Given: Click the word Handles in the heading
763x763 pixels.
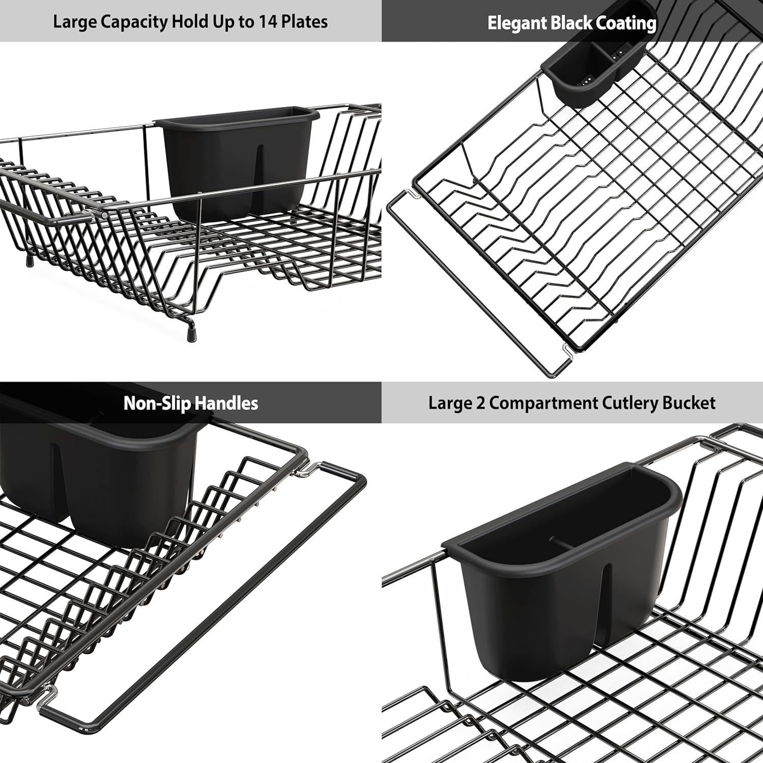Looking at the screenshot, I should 226,403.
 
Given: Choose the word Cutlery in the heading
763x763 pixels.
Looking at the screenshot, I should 630,403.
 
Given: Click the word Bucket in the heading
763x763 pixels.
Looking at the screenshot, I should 689,403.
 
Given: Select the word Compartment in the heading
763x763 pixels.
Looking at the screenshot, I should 544,403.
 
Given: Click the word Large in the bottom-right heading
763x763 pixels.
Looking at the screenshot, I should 450,403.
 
